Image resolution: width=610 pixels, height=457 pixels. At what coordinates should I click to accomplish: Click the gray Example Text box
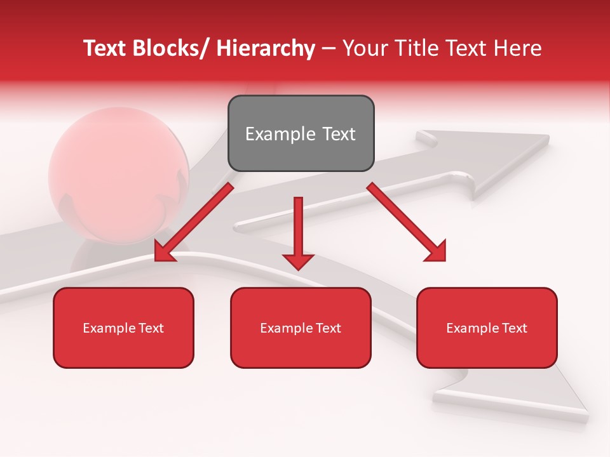click(301, 133)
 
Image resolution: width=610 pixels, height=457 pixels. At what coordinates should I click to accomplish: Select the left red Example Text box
click(123, 328)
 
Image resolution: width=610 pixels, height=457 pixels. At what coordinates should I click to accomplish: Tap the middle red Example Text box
click(301, 328)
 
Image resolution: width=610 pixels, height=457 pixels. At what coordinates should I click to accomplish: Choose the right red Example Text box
click(487, 328)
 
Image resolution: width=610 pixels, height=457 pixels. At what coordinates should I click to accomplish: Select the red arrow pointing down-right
click(407, 223)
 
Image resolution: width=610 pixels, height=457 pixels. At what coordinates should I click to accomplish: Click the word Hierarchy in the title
click(266, 48)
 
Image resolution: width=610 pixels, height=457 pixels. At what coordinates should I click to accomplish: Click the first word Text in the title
click(105, 48)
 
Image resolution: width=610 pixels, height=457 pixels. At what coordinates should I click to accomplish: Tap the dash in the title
click(328, 48)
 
